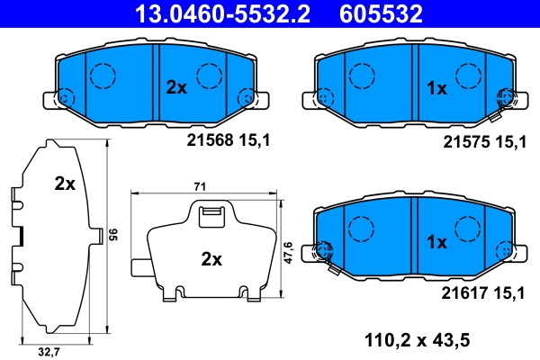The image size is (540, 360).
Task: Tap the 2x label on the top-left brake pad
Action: click(175, 87)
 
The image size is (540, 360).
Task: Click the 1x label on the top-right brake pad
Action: click(436, 87)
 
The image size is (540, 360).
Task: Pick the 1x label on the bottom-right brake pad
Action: click(436, 241)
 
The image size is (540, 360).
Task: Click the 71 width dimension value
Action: click(201, 185)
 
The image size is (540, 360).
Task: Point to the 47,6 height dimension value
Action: click(288, 249)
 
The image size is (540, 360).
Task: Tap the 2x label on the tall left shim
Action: click(64, 184)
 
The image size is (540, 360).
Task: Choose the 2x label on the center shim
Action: click(211, 259)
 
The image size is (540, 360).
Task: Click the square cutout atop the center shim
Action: click(210, 213)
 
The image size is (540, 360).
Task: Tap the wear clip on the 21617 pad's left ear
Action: click(326, 255)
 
